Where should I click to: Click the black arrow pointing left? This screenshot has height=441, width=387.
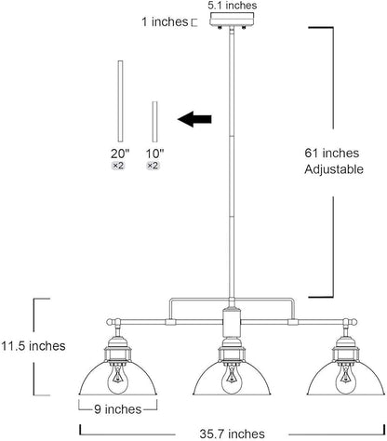coord(194,119)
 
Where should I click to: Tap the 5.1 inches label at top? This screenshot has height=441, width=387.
coord(232,6)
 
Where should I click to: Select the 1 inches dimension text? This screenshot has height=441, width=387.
coord(165,21)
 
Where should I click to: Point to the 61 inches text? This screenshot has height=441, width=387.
coord(331,153)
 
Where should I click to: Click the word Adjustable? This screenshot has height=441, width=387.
coord(334,169)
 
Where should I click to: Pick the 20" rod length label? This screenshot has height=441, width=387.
coord(120,154)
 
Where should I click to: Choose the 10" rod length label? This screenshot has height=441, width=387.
coord(154,154)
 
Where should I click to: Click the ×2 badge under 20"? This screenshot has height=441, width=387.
coord(118,166)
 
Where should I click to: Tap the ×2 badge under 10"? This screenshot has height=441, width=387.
coord(153,166)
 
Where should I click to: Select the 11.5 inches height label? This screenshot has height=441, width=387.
coord(33,346)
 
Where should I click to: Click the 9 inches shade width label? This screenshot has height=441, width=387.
coord(118,409)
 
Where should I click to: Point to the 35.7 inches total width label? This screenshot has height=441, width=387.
coord(232,434)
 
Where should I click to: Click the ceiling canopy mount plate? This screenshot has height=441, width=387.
coord(232,20)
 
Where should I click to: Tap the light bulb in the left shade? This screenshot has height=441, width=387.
coord(118,379)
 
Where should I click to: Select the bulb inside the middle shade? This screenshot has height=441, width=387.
coord(232,379)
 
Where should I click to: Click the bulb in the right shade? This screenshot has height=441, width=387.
coord(345,379)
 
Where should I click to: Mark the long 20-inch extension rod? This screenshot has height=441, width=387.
coord(120,101)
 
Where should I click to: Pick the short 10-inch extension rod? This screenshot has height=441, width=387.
coord(154,122)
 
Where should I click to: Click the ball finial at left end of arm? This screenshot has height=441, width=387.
coord(110,322)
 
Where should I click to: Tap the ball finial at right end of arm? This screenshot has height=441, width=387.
coord(354,322)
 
